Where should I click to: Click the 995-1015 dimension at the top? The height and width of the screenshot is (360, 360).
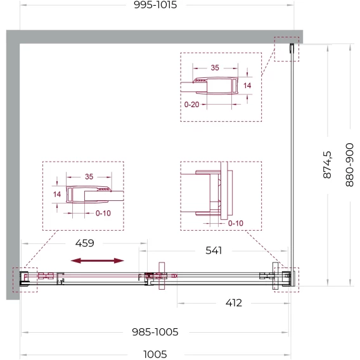tap(155, 5)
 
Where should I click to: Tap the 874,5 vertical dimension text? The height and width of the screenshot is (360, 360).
tap(327, 165)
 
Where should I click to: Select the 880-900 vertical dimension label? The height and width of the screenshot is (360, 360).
tap(349, 165)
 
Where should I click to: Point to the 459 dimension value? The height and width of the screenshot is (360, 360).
tap(85, 243)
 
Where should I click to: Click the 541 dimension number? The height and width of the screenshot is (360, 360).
tap(214, 250)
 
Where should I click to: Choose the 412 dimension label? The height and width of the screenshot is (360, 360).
tap(234, 303)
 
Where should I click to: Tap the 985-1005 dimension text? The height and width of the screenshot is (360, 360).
tap(155, 332)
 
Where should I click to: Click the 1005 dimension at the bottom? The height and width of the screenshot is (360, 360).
tap(155, 354)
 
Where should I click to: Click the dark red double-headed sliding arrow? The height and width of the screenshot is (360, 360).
tap(98, 260)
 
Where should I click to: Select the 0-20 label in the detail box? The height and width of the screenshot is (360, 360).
tap(191, 105)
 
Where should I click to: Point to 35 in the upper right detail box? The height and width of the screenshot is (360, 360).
tap(215, 68)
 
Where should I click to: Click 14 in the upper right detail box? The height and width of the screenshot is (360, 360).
tap(247, 86)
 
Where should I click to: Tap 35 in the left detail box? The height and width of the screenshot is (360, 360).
tap(89, 177)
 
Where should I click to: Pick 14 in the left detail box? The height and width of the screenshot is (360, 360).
tap(57, 195)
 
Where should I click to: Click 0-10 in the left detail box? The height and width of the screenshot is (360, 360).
tap(103, 214)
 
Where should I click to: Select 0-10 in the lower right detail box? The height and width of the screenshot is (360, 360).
tap(236, 223)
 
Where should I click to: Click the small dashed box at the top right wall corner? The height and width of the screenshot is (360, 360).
tap(286, 37)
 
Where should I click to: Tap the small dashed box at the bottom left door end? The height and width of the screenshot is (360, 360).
tap(25, 268)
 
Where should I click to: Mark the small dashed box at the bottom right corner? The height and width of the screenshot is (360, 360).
tap(286, 268)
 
